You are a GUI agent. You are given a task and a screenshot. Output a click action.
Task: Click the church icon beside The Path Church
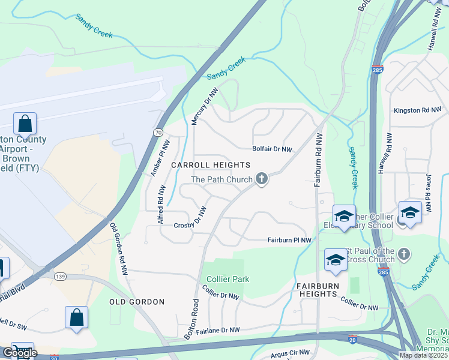click(x=261, y=179)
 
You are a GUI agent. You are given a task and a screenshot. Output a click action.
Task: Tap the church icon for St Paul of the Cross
click(x=404, y=254)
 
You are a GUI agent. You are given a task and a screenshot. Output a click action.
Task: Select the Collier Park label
click(x=228, y=279)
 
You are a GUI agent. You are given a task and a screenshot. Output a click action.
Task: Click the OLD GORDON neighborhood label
click(x=136, y=301)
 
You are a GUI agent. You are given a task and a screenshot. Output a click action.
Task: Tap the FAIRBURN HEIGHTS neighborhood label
click(x=316, y=290)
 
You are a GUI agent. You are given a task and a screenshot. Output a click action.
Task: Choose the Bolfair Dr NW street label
click(x=272, y=149)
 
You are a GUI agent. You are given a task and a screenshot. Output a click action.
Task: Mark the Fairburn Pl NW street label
click(x=289, y=240)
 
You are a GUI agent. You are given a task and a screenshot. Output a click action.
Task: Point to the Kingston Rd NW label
click(x=417, y=110)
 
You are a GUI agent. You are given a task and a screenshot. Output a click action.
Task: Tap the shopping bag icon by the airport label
click(x=25, y=124)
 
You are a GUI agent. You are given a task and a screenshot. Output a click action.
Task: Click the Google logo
click(x=19, y=352)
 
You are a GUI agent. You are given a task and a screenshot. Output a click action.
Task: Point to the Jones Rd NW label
click(x=428, y=194)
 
